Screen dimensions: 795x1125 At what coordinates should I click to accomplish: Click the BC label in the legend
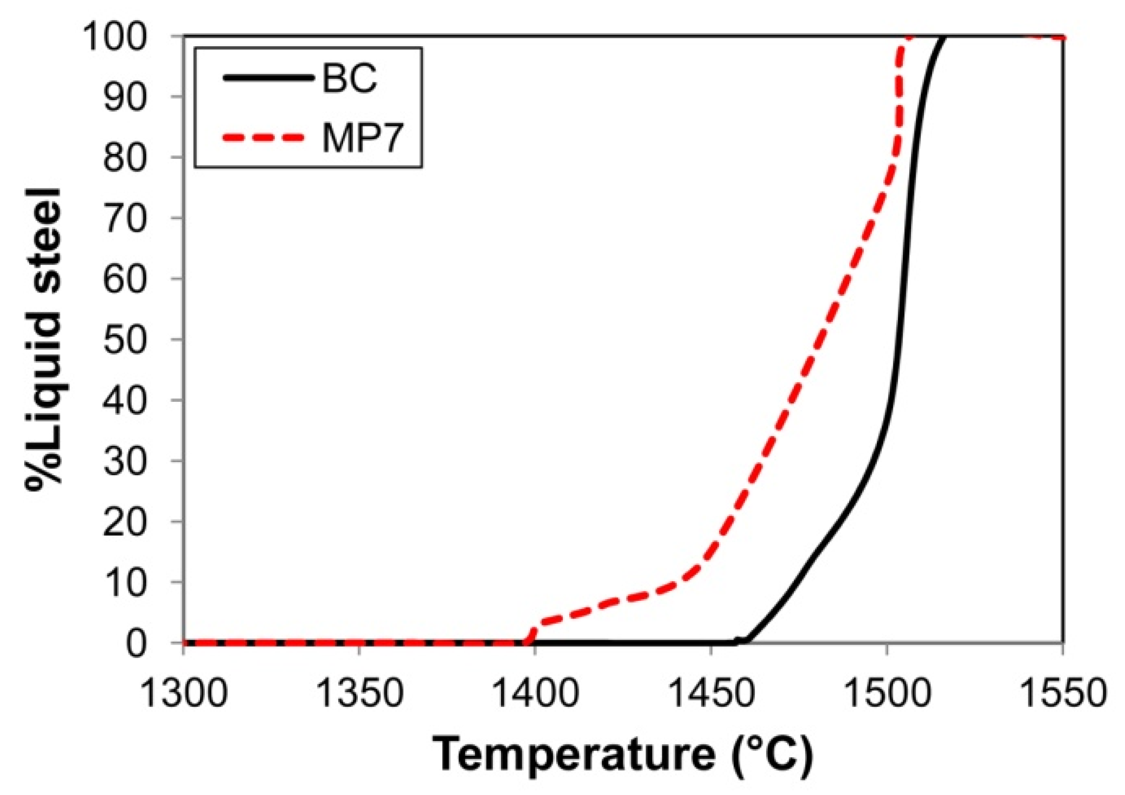point(349,78)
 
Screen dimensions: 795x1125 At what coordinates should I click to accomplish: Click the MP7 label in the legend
point(362,138)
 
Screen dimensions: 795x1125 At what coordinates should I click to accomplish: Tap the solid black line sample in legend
point(266,77)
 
